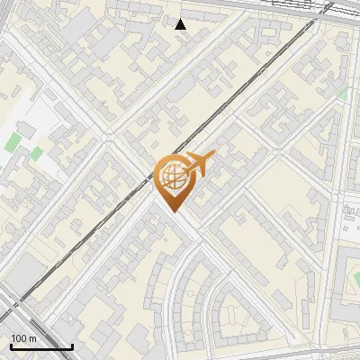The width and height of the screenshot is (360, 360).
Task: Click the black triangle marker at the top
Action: point(180,24)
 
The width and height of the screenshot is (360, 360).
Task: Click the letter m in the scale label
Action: point(32,337)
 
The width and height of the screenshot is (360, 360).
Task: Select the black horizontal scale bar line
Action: point(40,346)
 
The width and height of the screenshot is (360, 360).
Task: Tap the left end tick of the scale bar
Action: point(10,345)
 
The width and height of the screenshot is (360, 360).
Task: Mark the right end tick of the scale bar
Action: point(72,345)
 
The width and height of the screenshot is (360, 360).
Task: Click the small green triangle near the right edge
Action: point(343,93)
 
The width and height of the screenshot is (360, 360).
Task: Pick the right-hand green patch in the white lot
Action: point(35,154)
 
